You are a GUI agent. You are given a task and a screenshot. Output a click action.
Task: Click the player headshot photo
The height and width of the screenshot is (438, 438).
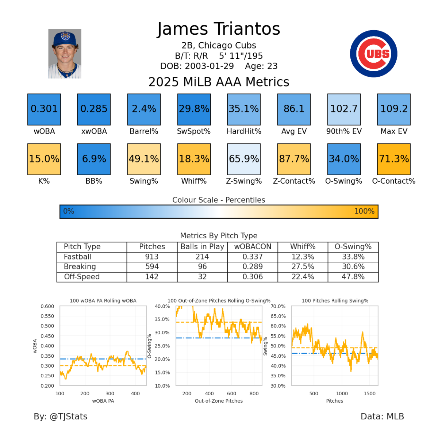65,54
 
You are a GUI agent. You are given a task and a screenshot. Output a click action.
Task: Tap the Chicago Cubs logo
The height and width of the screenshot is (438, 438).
373,54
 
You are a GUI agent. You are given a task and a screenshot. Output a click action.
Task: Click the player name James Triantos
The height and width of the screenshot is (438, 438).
219,29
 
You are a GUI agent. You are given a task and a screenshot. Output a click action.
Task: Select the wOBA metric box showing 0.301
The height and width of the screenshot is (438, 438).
44,109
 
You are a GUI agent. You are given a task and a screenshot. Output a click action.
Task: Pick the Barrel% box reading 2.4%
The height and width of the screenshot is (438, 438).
144,109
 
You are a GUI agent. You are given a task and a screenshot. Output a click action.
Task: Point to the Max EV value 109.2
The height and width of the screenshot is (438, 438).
393,109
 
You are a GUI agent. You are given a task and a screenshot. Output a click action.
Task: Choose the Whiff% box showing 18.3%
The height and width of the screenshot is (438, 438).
194,159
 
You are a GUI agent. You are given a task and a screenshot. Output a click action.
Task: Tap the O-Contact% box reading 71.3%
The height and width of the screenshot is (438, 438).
393,159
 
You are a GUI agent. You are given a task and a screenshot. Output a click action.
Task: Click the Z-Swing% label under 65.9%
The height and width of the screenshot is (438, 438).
244,181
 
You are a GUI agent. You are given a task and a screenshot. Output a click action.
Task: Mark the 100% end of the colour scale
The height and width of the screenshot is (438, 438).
364,211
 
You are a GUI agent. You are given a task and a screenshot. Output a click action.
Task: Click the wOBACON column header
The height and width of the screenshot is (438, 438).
253,247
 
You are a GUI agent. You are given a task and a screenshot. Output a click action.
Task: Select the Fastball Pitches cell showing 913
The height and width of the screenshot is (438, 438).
152,257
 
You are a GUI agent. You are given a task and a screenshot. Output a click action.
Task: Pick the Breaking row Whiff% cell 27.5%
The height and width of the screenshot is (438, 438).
303,267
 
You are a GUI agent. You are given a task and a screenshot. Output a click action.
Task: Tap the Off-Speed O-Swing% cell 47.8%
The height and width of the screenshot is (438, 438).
353,277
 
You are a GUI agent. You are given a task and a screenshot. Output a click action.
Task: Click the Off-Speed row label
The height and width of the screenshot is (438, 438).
82,277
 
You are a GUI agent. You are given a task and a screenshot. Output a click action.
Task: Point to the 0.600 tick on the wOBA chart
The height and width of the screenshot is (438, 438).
47,307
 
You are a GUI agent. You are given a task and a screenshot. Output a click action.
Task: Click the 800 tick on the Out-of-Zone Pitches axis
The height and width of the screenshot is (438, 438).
254,393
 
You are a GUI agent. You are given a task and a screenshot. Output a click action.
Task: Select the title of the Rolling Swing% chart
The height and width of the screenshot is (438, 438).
335,301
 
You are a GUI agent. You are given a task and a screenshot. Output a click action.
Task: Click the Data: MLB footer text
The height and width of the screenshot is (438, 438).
382,416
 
